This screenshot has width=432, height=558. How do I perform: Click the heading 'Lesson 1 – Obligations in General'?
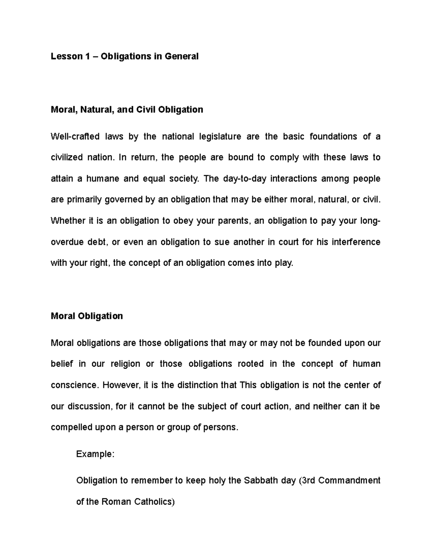tap(125, 56)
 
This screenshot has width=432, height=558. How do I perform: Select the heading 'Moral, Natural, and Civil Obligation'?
tap(127, 110)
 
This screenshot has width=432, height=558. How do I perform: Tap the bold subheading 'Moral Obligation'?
tap(87, 316)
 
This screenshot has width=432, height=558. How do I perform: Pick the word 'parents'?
tap(234, 221)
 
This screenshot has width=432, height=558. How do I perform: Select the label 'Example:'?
tap(95, 454)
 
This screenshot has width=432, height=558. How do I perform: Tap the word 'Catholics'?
tap(154, 502)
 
